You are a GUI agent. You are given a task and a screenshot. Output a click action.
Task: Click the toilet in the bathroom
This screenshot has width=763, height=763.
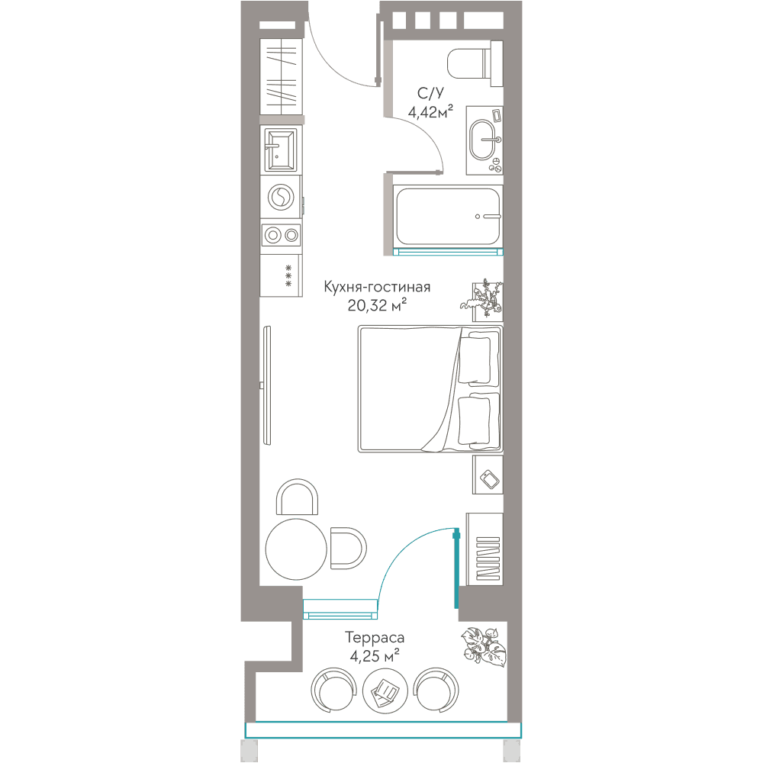click(475, 64)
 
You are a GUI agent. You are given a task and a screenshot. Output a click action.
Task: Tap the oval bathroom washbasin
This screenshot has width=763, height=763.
click(483, 140)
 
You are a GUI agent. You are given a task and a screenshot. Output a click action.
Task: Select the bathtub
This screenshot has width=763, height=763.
click(448, 216)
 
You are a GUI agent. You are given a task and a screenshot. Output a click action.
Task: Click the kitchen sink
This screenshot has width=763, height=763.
click(280, 150)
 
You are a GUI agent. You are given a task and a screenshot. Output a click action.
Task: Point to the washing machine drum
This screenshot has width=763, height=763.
click(280, 197)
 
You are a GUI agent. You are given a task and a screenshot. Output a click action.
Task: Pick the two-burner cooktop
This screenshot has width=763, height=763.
click(282, 236)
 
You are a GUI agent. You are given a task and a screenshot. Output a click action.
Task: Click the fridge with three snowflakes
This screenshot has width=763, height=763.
click(282, 275)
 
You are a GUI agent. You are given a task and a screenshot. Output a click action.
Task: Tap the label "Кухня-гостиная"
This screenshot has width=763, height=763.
click(377, 287)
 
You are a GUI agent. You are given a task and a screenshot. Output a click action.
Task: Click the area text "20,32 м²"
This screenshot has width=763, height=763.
click(377, 305)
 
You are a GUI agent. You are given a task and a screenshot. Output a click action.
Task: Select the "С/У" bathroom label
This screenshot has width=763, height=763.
click(430, 93)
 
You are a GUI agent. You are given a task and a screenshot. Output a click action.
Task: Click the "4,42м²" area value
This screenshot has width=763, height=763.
click(430, 112)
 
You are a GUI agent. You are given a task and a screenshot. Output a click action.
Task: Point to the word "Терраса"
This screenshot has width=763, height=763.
click(375, 637)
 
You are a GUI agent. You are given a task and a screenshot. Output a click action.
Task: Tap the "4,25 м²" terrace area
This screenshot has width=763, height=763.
click(375, 656)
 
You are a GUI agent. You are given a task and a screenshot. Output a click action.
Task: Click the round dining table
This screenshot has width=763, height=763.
click(296, 549)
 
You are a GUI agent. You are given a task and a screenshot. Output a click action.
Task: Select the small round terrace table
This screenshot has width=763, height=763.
click(385, 690)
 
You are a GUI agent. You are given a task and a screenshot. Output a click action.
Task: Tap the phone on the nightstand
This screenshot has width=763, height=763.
click(489, 479)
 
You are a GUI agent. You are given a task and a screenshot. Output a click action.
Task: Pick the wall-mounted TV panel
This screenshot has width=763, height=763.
click(266, 385)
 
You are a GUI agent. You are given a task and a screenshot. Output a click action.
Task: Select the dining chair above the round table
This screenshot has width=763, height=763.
click(297, 497)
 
